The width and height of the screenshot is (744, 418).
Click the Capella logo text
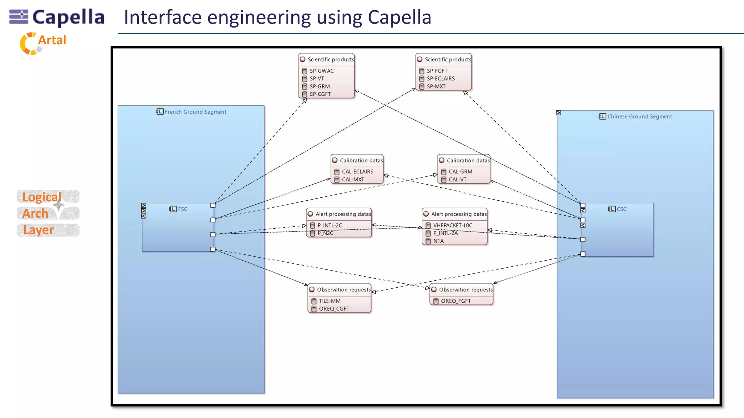tap(68, 17)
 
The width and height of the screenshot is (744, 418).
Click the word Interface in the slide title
tap(162, 17)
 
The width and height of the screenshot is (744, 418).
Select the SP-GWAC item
tap(321, 71)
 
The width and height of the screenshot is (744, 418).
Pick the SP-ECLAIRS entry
tap(440, 78)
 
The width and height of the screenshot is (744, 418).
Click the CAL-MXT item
tap(352, 179)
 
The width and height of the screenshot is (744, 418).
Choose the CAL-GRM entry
tap(460, 172)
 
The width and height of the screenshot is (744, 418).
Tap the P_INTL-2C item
tap(329, 225)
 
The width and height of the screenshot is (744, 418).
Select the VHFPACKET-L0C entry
tap(452, 225)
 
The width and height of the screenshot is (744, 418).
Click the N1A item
tap(438, 241)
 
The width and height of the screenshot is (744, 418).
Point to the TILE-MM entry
tap(329, 301)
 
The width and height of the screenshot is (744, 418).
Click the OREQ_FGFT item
tap(455, 301)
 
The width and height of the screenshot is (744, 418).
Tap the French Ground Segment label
tap(195, 112)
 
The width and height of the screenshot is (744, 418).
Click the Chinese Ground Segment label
tap(639, 116)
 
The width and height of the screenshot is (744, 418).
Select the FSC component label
tap(182, 209)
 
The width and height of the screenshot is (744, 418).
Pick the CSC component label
tap(621, 209)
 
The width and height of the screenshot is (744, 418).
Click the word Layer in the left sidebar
tap(39, 230)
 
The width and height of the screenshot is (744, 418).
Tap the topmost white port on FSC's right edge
tap(213, 205)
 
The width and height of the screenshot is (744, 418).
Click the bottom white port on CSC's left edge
tap(583, 254)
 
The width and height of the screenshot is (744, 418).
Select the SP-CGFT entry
tap(320, 94)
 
